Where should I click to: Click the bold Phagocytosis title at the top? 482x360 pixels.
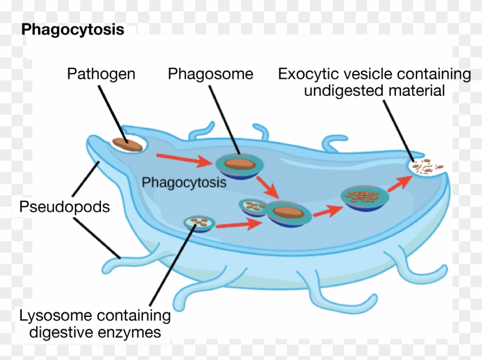[x=72, y=30]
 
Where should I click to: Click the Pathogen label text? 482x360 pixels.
[x=101, y=74]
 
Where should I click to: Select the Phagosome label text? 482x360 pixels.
[x=210, y=74]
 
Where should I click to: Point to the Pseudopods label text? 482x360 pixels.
[x=64, y=207]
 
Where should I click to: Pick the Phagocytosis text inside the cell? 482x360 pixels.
[x=184, y=183]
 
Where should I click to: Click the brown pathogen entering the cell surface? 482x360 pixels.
[x=127, y=144]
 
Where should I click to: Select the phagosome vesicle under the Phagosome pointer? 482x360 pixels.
[x=240, y=165]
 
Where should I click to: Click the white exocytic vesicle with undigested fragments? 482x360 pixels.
[x=427, y=167]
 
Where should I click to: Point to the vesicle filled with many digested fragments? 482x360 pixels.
[x=363, y=196]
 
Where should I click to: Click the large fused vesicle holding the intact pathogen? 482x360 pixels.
[x=287, y=212]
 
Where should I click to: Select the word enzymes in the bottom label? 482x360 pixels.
[x=131, y=332]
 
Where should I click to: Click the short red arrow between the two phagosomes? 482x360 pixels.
[x=265, y=187]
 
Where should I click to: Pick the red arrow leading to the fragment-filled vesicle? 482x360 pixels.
[x=326, y=210]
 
